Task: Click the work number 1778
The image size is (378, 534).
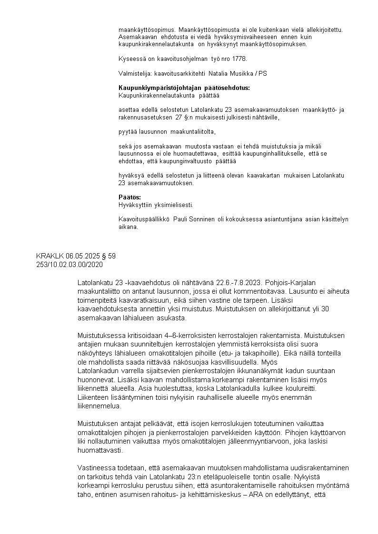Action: pyautogui.click(x=240, y=59)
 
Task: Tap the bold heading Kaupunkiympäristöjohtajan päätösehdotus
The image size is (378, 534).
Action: pyautogui.click(x=184, y=88)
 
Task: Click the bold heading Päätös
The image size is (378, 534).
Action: pyautogui.click(x=129, y=197)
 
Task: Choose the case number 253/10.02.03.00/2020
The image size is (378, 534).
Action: pyautogui.click(x=70, y=264)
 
